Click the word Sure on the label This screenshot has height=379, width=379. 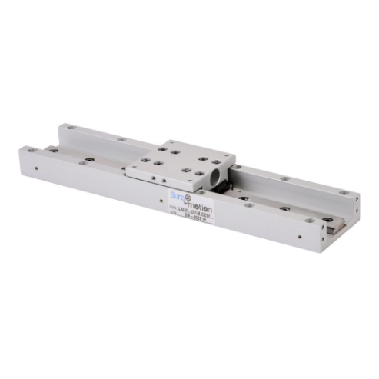(178, 196)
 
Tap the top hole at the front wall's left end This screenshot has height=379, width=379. (32, 151)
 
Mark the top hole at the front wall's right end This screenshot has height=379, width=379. (309, 221)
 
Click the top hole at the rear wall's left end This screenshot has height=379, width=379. (70, 128)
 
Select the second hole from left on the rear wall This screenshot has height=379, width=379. (121, 139)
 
